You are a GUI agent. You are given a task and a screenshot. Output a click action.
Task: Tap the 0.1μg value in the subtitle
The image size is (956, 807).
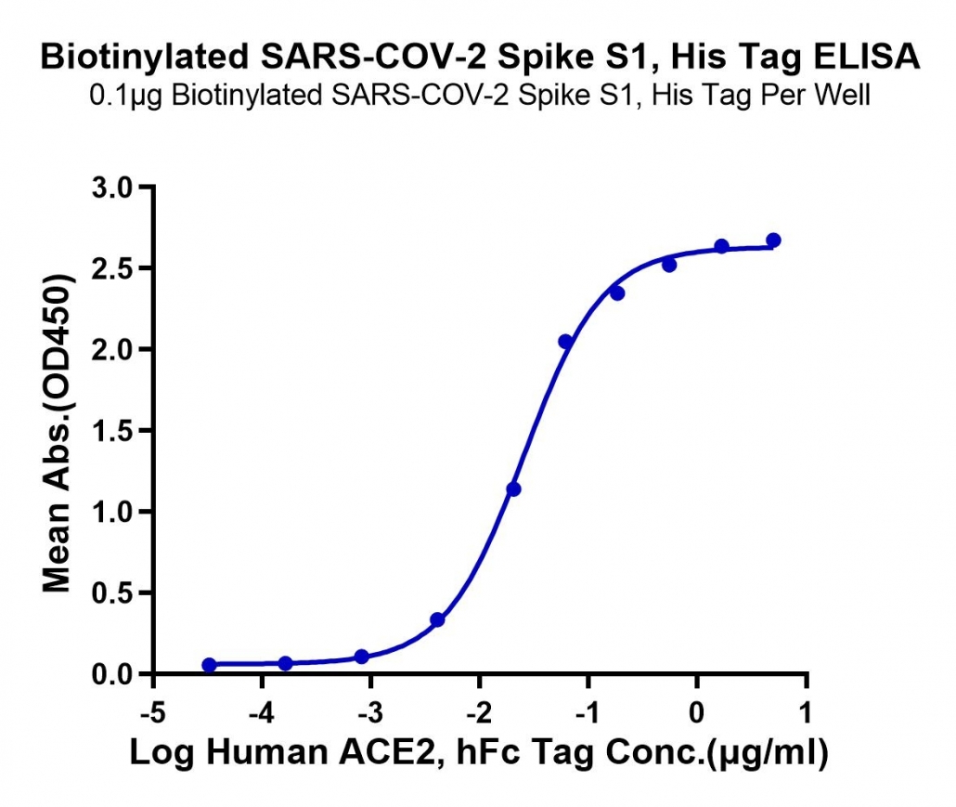click(x=126, y=97)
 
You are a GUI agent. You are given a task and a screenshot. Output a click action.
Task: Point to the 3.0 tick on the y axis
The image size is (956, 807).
click(x=112, y=188)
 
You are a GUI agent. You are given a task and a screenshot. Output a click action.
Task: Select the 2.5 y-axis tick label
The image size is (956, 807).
click(x=112, y=268)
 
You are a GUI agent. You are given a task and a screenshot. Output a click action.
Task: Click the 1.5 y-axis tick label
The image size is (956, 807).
click(x=112, y=431)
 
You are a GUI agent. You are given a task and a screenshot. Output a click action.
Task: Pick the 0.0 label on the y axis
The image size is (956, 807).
click(x=112, y=674)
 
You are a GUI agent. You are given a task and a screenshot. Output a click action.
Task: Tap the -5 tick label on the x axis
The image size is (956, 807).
click(x=153, y=712)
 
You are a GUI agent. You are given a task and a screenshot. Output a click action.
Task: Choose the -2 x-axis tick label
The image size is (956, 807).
click(x=479, y=712)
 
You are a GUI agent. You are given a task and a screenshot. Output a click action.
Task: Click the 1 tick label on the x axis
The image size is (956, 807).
click(x=807, y=712)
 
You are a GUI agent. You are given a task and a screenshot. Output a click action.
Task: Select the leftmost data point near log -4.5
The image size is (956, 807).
click(x=209, y=665)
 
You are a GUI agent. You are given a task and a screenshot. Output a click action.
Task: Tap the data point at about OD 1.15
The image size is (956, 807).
click(x=514, y=489)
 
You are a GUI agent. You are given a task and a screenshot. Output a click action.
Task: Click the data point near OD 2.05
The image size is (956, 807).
click(x=566, y=342)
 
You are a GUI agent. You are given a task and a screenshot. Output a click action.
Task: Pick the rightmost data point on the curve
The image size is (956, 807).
click(x=774, y=241)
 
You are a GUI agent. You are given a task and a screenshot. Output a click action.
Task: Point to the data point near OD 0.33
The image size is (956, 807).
click(x=437, y=619)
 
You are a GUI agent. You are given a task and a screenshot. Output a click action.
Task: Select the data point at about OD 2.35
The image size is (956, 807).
click(x=617, y=293)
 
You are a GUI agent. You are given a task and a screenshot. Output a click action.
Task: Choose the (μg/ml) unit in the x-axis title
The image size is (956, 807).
click(x=769, y=753)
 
